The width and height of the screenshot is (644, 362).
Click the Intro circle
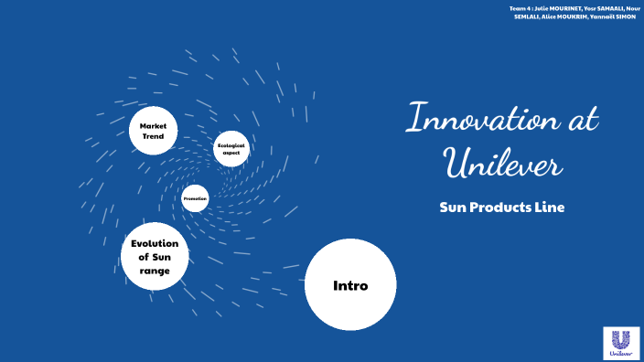[350, 286]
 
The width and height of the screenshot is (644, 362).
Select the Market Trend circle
[152, 131]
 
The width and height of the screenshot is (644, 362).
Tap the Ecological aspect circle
[231, 148]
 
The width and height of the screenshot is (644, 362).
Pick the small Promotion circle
[195, 198]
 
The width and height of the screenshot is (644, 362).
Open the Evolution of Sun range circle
[156, 257]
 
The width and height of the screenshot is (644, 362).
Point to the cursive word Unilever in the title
[502, 165]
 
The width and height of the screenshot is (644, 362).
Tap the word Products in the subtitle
[503, 208]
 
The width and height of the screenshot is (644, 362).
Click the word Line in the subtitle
[551, 208]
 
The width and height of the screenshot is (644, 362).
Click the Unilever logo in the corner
[621, 343]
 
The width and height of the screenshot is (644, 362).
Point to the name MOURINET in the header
[554, 8]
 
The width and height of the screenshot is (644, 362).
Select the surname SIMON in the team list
[621, 17]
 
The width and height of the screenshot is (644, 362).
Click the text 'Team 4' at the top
[519, 8]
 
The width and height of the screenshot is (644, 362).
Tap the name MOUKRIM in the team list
[567, 17]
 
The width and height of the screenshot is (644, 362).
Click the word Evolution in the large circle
[156, 243]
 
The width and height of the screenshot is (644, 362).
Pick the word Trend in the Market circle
[152, 136]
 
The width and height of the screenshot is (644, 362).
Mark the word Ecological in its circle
[231, 144]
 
